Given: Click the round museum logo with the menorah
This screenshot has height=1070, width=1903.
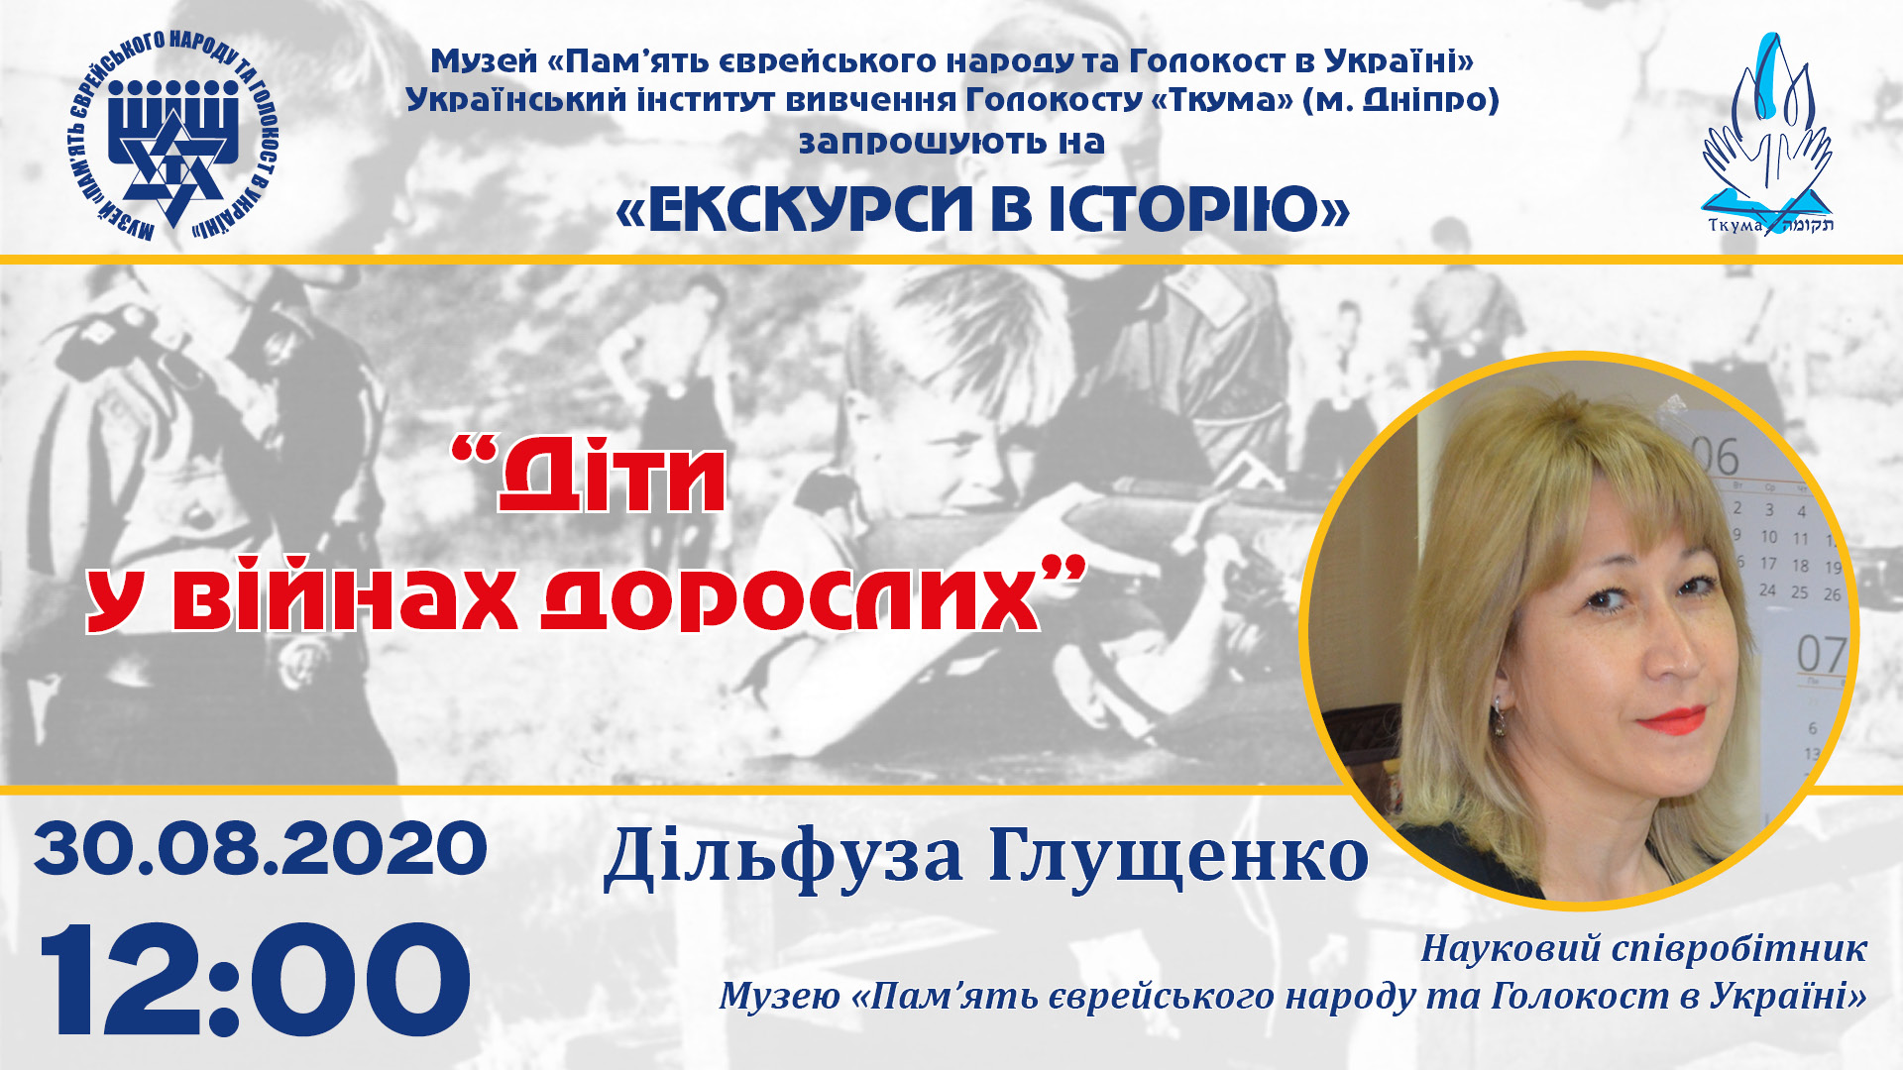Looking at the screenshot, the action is tap(174, 137).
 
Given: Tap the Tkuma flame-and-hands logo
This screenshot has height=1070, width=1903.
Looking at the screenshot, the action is tap(1768, 136).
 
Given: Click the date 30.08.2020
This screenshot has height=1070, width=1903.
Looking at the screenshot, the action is tap(261, 849).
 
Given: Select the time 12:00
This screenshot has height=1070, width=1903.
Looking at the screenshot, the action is tap(255, 980).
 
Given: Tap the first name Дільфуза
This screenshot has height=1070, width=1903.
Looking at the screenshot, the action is tap(783, 858).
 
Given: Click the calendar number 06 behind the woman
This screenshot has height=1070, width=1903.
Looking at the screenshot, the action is tap(1715, 457).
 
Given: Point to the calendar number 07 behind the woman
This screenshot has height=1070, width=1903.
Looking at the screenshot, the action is tap(1821, 655).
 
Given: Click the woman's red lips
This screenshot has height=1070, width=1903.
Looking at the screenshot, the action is tap(1672, 719).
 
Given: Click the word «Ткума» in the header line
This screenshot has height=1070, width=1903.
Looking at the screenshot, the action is tap(1222, 100).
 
